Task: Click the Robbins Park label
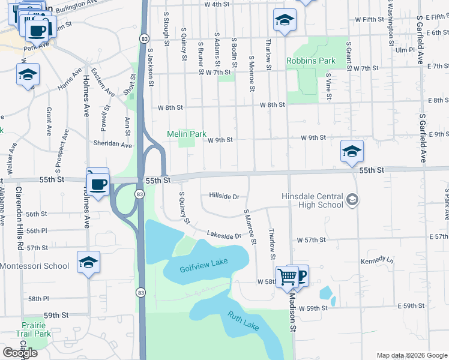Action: coord(310,61)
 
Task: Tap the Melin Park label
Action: coord(186,134)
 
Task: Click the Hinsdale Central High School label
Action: coord(313,200)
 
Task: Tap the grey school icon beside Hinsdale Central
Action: coord(352,199)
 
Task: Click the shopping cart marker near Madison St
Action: coord(288,277)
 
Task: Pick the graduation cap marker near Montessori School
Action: coord(88,262)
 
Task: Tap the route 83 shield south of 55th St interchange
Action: coord(139,194)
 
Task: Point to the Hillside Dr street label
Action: coord(224,196)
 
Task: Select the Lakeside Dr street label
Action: coord(223,235)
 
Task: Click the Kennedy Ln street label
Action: coord(376,262)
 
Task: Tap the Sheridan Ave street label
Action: coord(112,145)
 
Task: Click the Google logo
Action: coord(20,353)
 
